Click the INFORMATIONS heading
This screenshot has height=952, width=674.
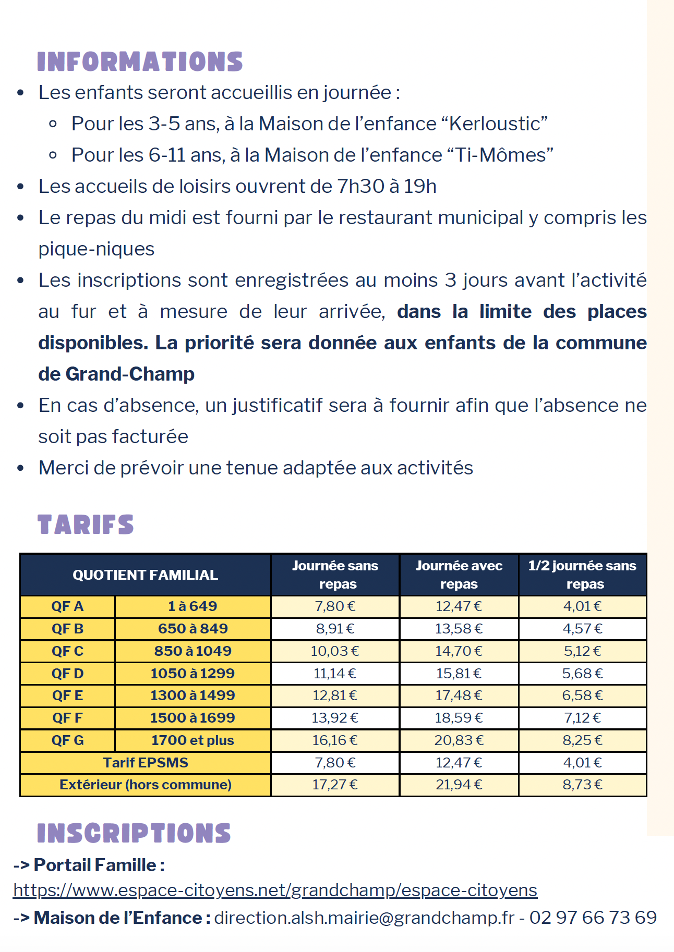140,62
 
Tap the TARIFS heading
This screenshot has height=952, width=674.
86,524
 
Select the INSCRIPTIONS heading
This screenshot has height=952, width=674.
134,833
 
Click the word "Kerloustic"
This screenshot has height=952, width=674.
498,124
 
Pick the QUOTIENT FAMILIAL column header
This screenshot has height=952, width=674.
145,575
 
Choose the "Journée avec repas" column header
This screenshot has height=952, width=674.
459,575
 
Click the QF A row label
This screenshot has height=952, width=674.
67,606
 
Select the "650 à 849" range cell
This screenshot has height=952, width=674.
192,629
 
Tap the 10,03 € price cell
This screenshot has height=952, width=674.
335,651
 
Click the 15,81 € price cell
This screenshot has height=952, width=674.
459,674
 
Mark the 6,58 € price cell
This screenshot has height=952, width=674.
582,695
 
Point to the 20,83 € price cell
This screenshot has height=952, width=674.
459,740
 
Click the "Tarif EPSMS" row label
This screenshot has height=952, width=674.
145,763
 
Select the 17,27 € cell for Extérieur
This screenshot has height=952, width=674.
335,785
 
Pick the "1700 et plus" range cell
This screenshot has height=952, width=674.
192,740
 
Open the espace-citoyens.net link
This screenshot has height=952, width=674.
275,890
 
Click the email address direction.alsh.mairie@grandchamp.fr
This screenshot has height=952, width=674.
364,918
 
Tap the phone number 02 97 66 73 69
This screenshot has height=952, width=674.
593,918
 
